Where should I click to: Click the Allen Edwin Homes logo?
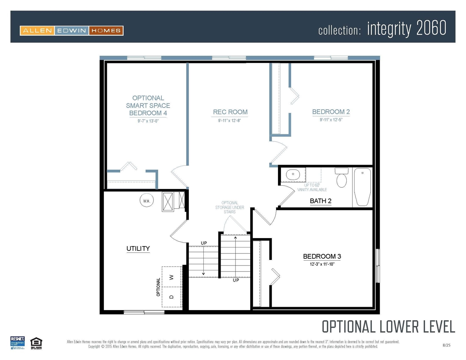pyautogui.click(x=72, y=31)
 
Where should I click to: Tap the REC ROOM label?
pyautogui.click(x=230, y=112)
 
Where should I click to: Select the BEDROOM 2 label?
pyautogui.click(x=331, y=112)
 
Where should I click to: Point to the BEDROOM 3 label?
pyautogui.click(x=322, y=256)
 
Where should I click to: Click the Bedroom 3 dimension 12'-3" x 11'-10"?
pyautogui.click(x=322, y=264)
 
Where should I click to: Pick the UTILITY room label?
pyautogui.click(x=138, y=249)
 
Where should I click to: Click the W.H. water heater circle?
pyautogui.click(x=146, y=201)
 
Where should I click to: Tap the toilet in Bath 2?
pyautogui.click(x=341, y=178)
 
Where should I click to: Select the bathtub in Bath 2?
pyautogui.click(x=362, y=186)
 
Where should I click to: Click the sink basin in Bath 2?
pyautogui.click(x=293, y=175)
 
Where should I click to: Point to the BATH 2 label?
pyautogui.click(x=320, y=201)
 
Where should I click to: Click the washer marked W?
pyautogui.click(x=172, y=277)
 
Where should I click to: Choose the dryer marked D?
pyautogui.click(x=172, y=297)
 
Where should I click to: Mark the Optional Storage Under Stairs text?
pyautogui.click(x=230, y=207)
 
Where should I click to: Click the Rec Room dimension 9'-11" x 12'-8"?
pyautogui.click(x=230, y=121)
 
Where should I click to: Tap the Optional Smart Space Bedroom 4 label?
pyautogui.click(x=148, y=105)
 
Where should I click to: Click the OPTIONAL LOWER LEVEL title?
pyautogui.click(x=388, y=327)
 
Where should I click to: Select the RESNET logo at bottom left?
pyautogui.click(x=17, y=343)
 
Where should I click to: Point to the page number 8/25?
pyautogui.click(x=446, y=345)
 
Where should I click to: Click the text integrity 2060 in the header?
pyautogui.click(x=407, y=28)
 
